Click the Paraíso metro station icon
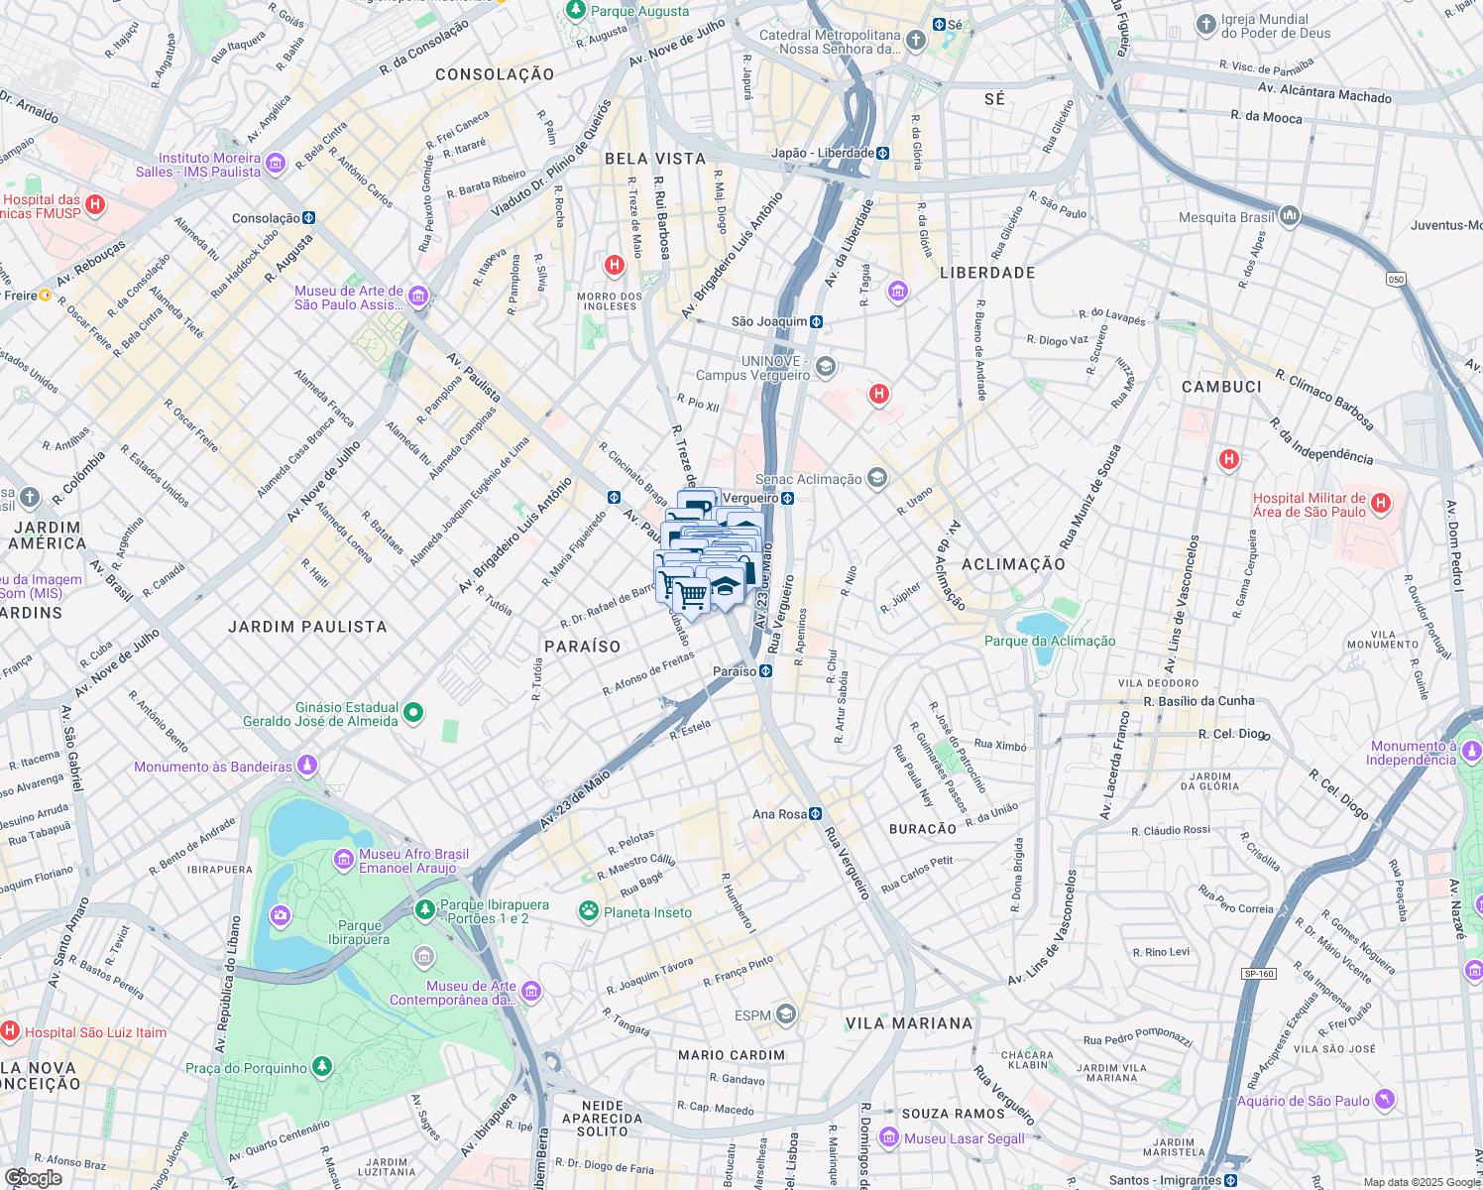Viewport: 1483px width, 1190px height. click(766, 671)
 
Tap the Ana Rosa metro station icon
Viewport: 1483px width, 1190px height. click(815, 814)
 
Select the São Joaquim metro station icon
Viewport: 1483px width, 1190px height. click(816, 321)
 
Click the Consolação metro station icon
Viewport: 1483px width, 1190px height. click(308, 218)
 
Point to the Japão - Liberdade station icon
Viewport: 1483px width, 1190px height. click(882, 153)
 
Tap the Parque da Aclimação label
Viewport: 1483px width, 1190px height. click(1050, 641)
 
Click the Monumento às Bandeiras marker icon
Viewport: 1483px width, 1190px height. click(307, 765)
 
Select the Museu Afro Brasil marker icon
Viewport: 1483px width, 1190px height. click(344, 859)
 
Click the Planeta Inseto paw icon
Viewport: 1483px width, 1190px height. click(589, 910)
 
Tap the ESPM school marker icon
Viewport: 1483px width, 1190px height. click(786, 1013)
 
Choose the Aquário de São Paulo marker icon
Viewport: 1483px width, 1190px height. click(1385, 1099)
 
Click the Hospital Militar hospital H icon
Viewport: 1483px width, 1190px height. click(1382, 504)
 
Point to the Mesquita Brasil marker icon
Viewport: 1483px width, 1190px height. click(1289, 215)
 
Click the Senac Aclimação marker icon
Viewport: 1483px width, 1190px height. click(876, 479)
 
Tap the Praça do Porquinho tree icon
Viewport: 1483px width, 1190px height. click(322, 1066)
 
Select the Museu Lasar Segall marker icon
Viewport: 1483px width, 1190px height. click(889, 1137)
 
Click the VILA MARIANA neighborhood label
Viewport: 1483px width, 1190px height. click(908, 1023)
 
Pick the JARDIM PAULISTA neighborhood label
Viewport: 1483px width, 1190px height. click(307, 627)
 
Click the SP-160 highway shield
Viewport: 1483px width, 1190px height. click(1259, 974)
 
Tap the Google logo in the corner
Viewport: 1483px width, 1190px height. click(33, 1177)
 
